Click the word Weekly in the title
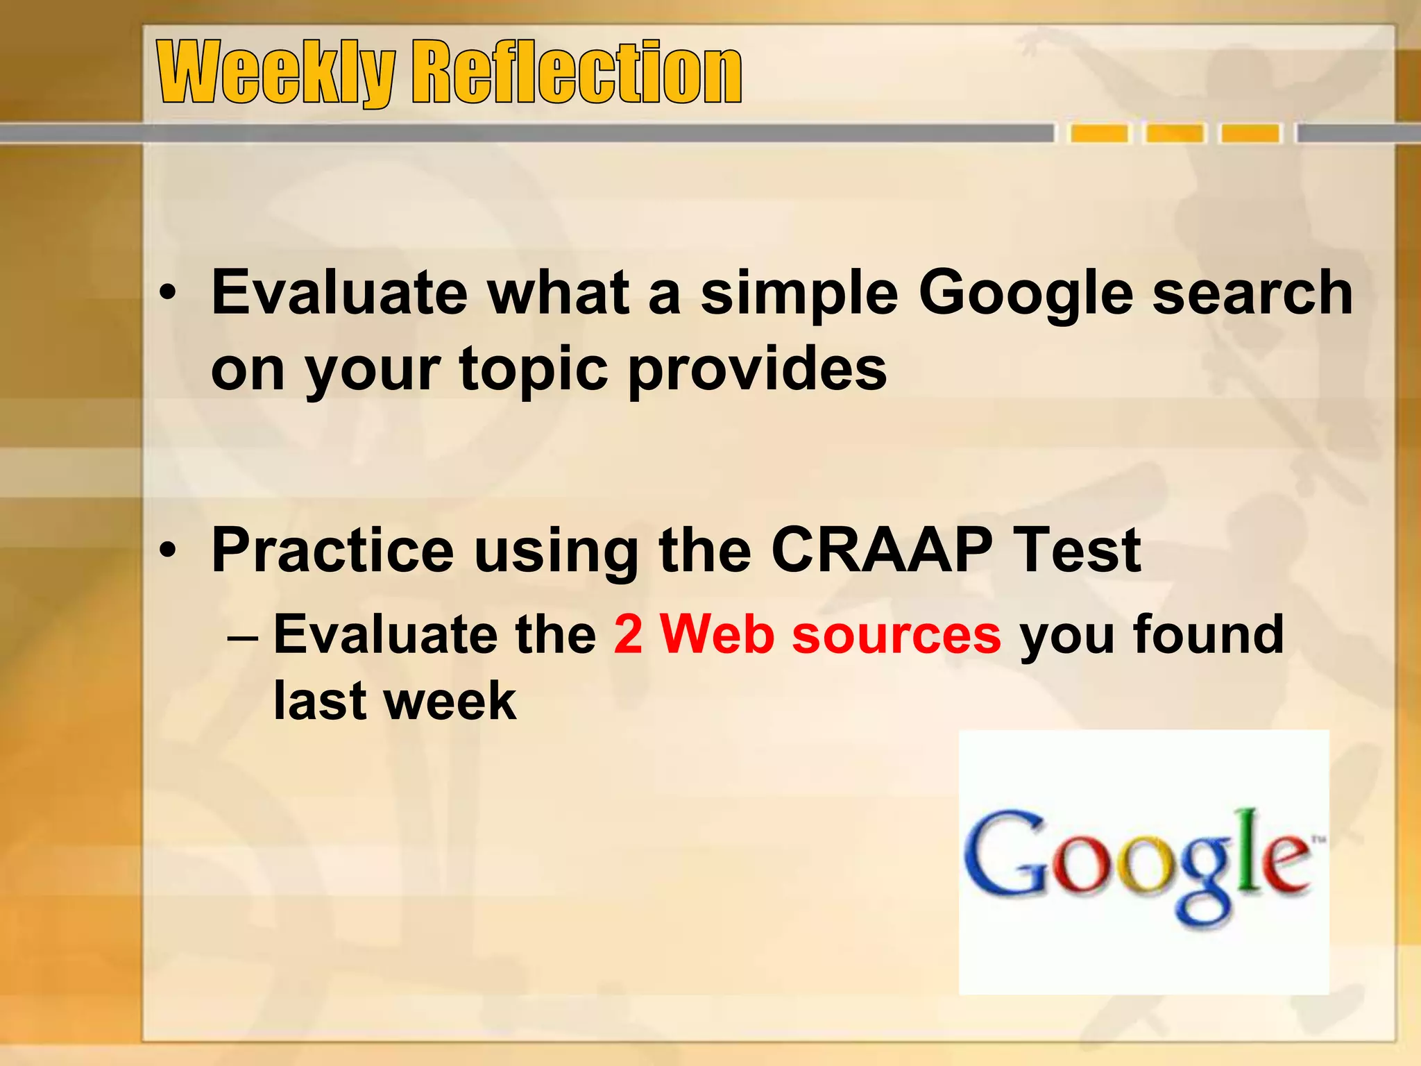tap(275, 72)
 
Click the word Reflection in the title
tap(577, 72)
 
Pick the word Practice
tap(332, 550)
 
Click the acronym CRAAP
tap(881, 550)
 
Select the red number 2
tap(628, 634)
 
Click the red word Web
tap(717, 634)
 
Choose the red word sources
tap(896, 634)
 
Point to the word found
tap(1208, 634)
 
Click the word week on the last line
tap(451, 701)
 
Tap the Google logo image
tap(1143, 862)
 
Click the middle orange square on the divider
tap(1175, 133)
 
